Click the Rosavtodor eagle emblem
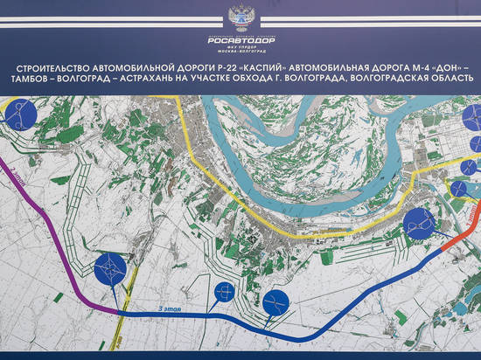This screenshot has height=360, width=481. tap(240, 17)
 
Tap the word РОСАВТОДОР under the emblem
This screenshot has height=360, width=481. tap(240, 38)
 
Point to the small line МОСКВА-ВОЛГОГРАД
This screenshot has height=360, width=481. tap(240, 52)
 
